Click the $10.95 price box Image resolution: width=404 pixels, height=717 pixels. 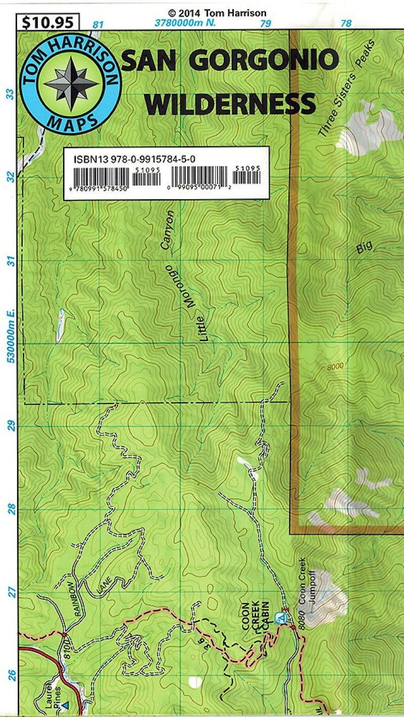pyautogui.click(x=48, y=22)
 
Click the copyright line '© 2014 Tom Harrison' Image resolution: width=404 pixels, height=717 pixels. pyautogui.click(x=217, y=13)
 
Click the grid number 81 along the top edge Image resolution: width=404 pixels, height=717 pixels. pyautogui.click(x=98, y=24)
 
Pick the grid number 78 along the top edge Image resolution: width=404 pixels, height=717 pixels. pyautogui.click(x=346, y=24)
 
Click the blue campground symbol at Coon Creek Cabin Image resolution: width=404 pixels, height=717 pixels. pyautogui.click(x=280, y=617)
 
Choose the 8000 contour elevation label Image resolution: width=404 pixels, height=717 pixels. pyautogui.click(x=334, y=366)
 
